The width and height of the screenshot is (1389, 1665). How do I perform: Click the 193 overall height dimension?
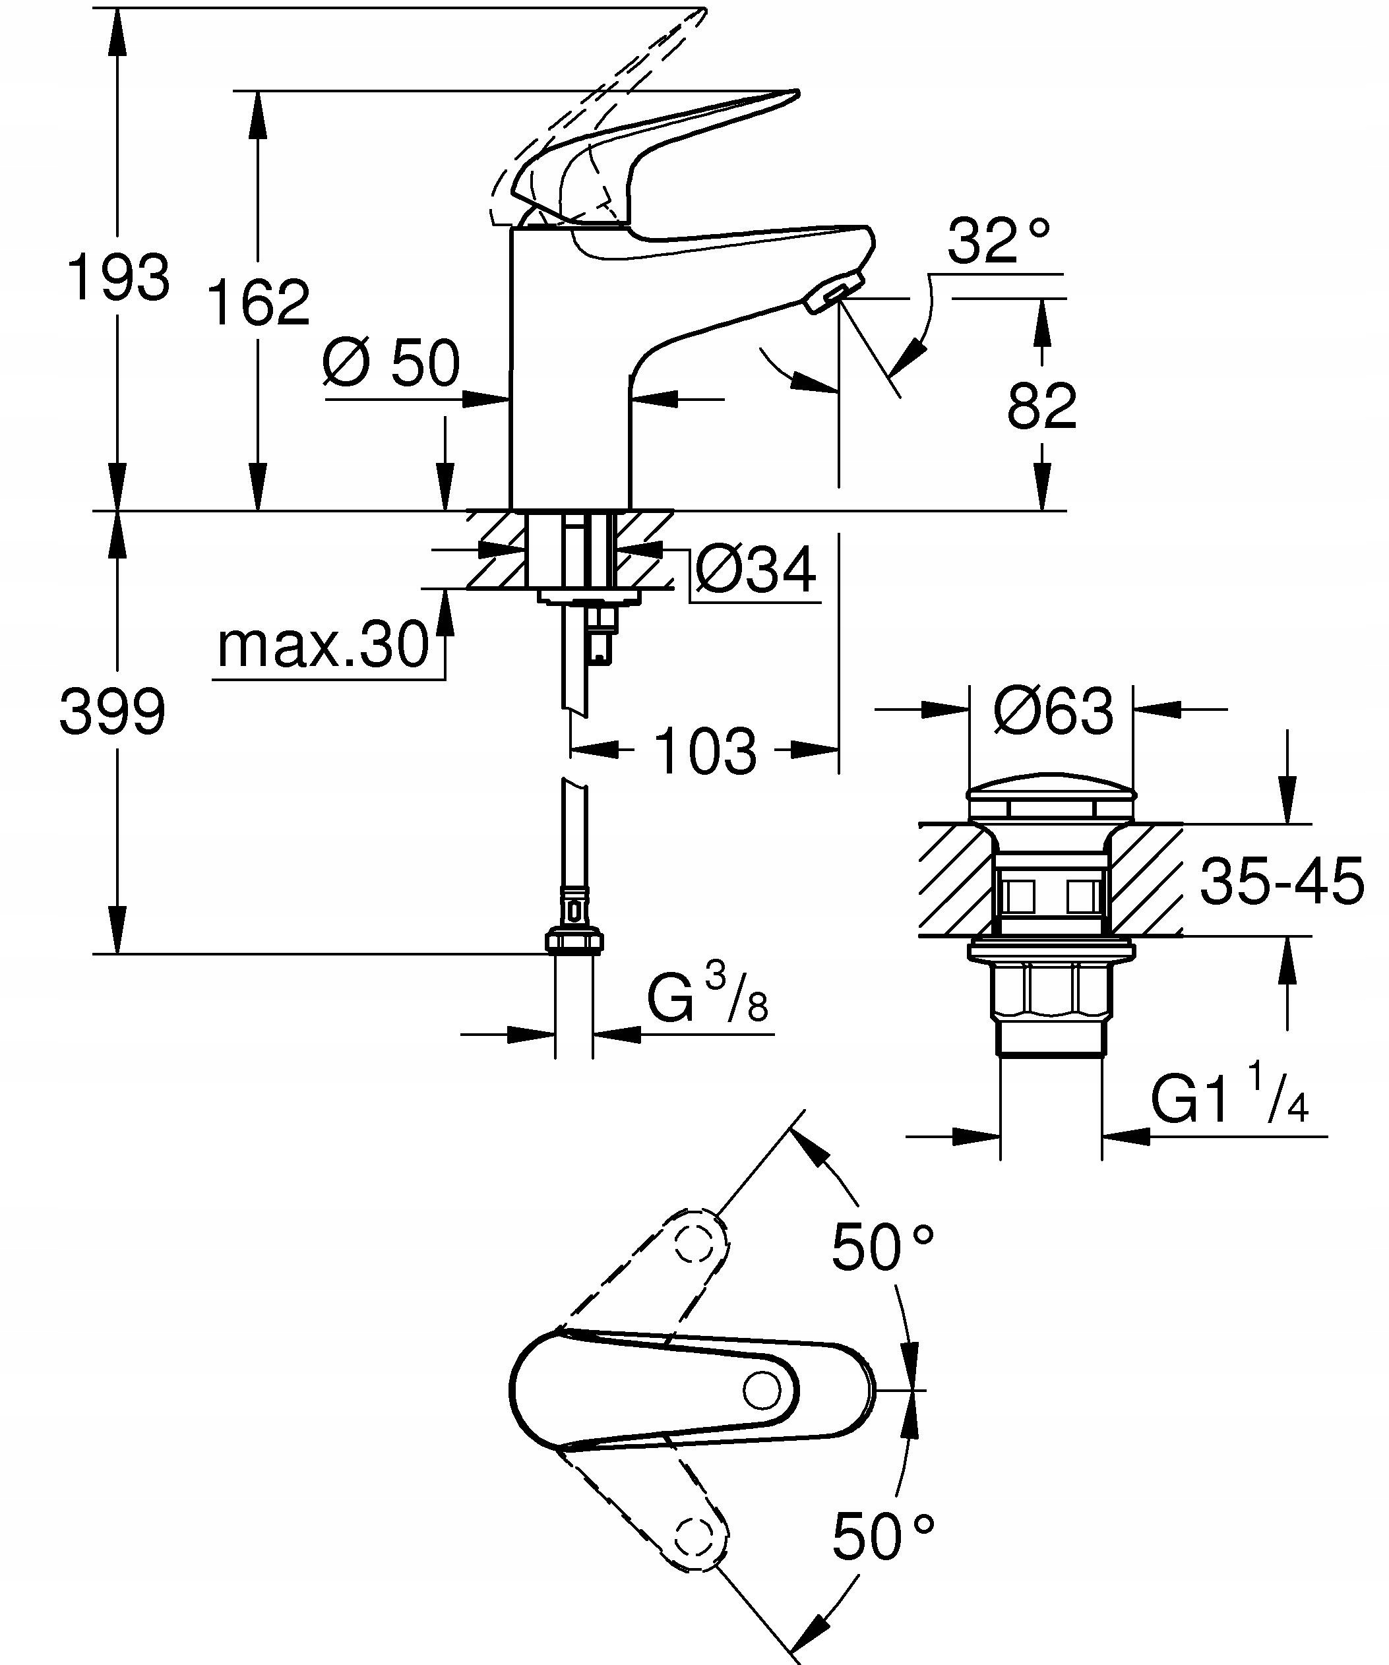118,278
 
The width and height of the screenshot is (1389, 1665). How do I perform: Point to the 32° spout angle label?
999,241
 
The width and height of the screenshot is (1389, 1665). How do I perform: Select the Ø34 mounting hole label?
755,569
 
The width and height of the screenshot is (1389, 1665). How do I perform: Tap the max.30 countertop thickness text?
323,646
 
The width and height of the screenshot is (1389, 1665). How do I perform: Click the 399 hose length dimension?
113,711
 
